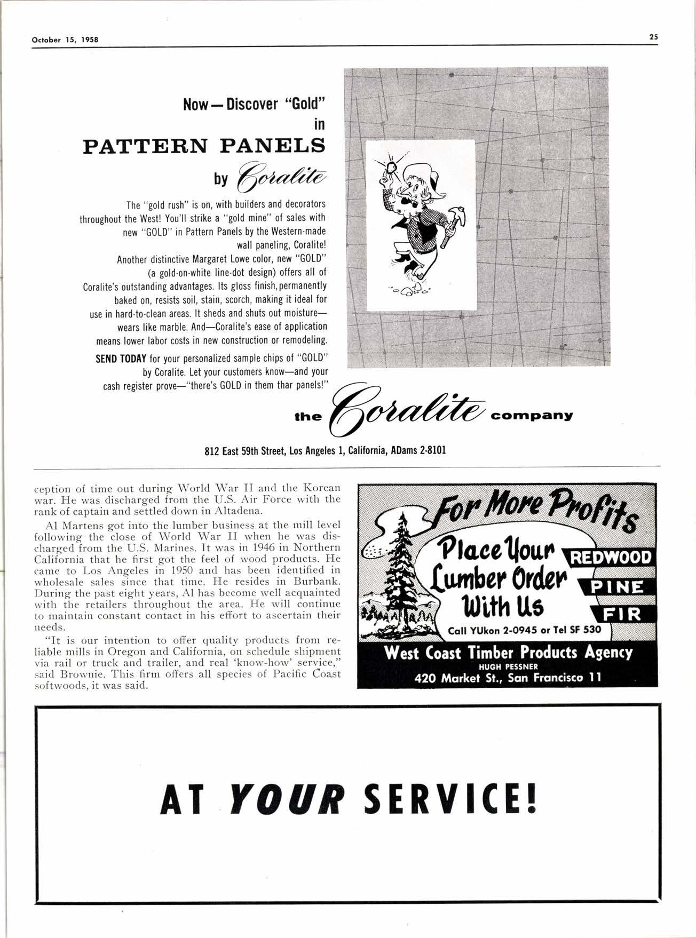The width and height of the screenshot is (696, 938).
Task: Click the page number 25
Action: point(653,37)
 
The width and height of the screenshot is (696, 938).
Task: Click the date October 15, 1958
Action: point(66,39)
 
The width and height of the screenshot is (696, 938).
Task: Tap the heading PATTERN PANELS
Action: point(204,146)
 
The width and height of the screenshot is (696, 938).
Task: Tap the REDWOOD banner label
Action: point(611,558)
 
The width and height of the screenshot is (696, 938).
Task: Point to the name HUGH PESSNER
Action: point(508,666)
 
